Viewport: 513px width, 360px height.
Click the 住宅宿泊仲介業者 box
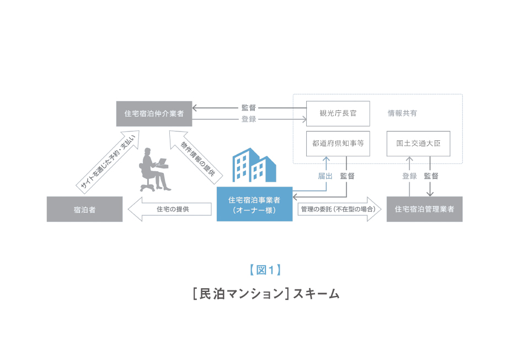pyautogui.click(x=154, y=114)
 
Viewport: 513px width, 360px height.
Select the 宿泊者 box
pyautogui.click(x=84, y=209)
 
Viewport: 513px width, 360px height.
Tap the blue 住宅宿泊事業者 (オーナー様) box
pyautogui.click(x=254, y=204)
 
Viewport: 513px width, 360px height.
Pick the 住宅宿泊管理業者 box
pyautogui.click(x=424, y=209)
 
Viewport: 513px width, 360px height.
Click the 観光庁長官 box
pyautogui.click(x=338, y=113)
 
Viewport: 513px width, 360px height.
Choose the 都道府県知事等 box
pyautogui.click(x=338, y=144)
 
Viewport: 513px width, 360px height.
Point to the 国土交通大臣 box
pyautogui.click(x=419, y=144)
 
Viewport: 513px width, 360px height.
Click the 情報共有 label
pyautogui.click(x=402, y=113)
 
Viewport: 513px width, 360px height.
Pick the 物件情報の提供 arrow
pyautogui.click(x=195, y=158)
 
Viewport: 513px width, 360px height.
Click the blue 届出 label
pyautogui.click(x=325, y=176)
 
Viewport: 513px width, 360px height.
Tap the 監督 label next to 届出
pyautogui.click(x=347, y=176)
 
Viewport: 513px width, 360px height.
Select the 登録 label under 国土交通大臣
pyautogui.click(x=409, y=176)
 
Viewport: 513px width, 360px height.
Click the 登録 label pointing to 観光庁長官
pyautogui.click(x=249, y=119)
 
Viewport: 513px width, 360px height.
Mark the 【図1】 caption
pyautogui.click(x=265, y=270)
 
